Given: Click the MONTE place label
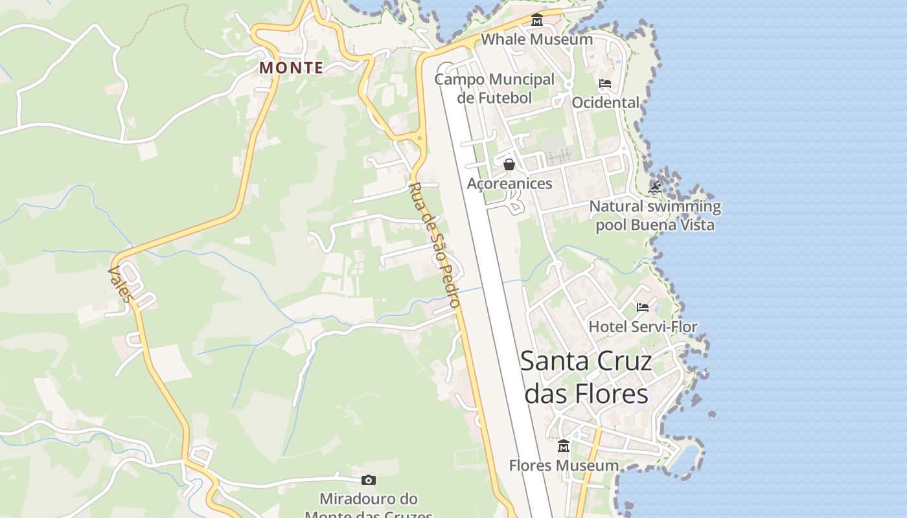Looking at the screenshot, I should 291,67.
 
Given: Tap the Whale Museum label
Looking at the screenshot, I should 536,39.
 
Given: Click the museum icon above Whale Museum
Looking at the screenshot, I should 536,21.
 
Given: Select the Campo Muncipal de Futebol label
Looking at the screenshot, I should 494,88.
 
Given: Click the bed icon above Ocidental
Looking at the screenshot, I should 605,84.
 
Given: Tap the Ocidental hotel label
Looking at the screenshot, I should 605,102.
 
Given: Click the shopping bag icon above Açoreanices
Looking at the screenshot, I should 509,164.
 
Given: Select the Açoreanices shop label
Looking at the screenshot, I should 510,183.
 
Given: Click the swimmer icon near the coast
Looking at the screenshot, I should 655,188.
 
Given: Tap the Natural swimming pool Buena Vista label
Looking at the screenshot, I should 655,216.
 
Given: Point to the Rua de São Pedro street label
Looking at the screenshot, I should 435,245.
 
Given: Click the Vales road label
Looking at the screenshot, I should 121,285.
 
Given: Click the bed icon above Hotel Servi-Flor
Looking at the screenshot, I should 643,307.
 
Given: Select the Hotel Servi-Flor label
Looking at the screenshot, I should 643,326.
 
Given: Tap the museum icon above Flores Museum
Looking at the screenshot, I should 564,446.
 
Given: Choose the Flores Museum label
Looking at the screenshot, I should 564,466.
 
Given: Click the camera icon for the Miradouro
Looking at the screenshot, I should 369,480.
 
